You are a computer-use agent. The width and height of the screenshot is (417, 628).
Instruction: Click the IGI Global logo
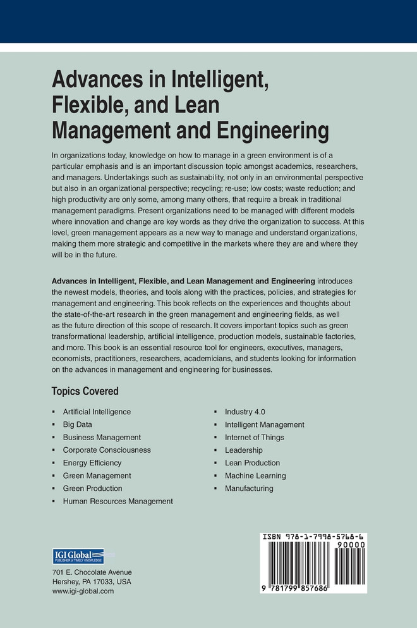pos(78,557)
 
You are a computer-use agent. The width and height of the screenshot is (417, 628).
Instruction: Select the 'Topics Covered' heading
pos(85,391)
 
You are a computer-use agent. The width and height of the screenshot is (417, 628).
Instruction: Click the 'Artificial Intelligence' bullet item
pos(97,412)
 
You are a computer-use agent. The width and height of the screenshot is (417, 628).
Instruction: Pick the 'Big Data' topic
pos(77,424)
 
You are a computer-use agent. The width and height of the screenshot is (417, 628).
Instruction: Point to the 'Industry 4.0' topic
pos(245,412)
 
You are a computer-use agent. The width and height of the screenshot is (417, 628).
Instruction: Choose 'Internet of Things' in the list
pos(254,437)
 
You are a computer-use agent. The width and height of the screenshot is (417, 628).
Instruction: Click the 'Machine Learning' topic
pos(255,476)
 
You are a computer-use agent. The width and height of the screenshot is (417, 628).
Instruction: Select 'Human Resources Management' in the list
pos(118,501)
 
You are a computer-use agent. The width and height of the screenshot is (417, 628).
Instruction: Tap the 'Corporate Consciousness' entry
pos(107,450)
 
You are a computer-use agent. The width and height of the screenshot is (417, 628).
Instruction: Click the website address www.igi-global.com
pos(83,591)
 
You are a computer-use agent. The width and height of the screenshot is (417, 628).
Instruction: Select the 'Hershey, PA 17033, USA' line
pos(92,581)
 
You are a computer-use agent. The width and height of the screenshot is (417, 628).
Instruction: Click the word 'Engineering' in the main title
pos(274,131)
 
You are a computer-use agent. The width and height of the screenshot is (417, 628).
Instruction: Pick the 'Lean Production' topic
pos(252,463)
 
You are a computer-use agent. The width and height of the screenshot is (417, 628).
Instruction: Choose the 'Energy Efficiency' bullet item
pos(92,463)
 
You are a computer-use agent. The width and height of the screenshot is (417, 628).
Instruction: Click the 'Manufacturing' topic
pos(249,488)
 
